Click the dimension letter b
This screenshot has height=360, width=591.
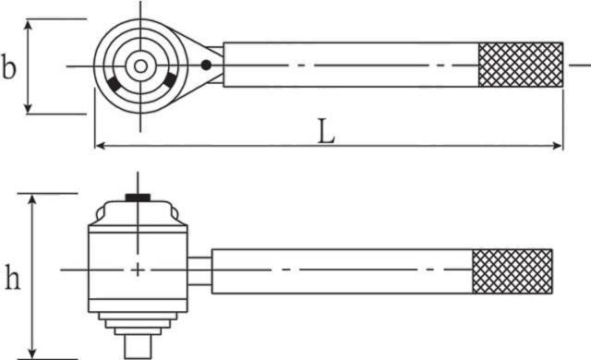tap(9, 66)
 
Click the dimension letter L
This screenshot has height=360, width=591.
tap(326, 131)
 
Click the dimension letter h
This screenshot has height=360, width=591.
tap(12, 277)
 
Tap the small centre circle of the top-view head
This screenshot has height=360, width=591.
tap(140, 66)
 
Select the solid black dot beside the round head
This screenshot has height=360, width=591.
tap(206, 65)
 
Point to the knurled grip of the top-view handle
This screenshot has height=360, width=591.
tap(521, 65)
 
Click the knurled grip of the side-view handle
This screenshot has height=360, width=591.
tap(513, 271)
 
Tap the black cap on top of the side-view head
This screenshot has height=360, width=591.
tap(138, 198)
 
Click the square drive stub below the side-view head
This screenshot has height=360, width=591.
tap(138, 346)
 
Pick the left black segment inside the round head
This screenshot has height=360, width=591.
tap(115, 84)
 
